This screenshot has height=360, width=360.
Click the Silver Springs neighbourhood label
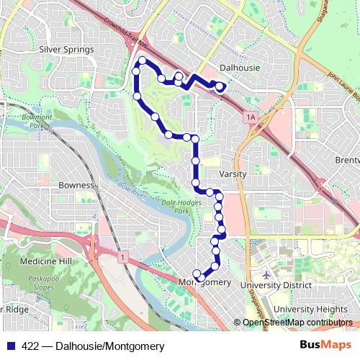click(67, 50)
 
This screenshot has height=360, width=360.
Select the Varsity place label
click(233, 174)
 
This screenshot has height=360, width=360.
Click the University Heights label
click(311, 309)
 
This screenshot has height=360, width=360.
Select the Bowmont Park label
click(37, 119)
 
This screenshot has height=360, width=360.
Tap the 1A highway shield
click(251, 116)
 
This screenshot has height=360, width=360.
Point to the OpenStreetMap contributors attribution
click(295, 323)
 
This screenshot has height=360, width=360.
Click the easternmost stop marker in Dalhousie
click(220, 86)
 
